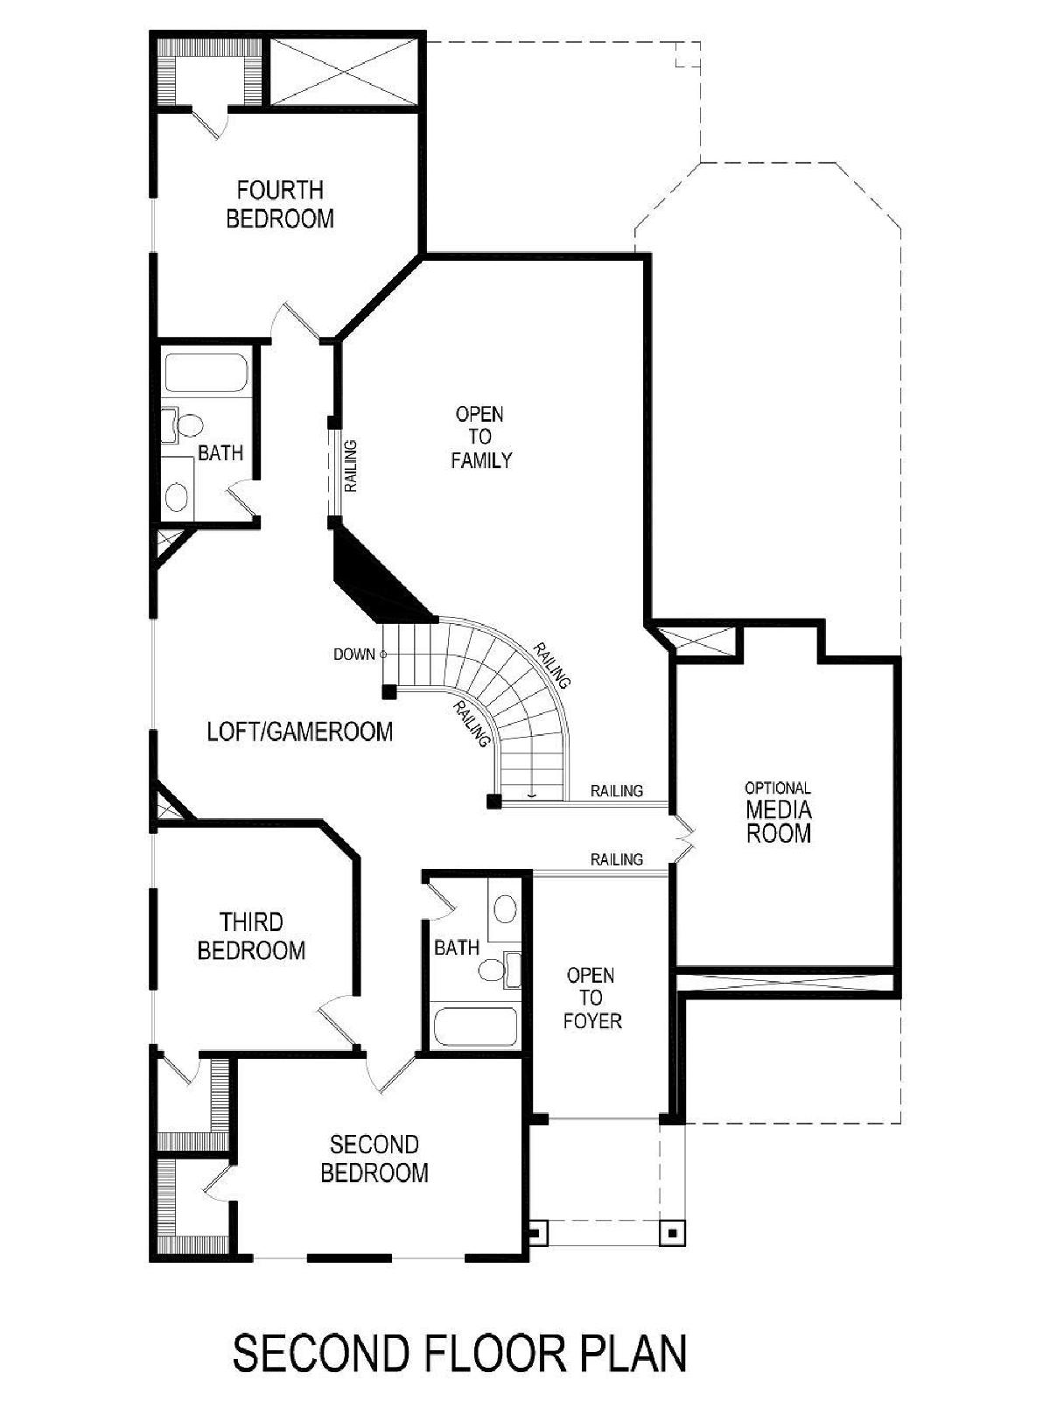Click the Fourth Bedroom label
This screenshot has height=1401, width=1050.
279,204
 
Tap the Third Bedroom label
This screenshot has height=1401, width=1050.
251,936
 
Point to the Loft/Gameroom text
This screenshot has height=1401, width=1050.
300,732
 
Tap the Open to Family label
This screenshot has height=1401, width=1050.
481,438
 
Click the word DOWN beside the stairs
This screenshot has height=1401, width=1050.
354,655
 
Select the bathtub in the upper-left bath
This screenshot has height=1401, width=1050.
206,373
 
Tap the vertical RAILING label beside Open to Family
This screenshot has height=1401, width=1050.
350,466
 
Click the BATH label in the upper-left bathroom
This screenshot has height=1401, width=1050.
220,453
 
